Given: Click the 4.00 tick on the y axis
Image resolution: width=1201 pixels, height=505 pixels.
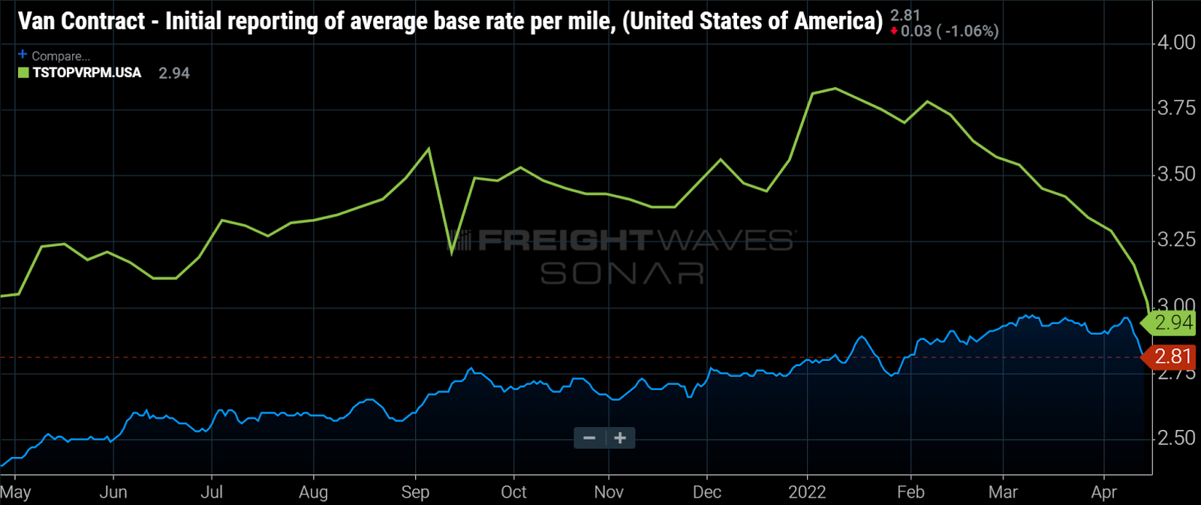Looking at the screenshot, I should pos(1175,43).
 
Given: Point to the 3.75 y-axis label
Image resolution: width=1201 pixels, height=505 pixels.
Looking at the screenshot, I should pos(1175,109).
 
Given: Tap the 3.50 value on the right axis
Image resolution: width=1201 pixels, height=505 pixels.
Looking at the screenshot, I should pos(1175,174).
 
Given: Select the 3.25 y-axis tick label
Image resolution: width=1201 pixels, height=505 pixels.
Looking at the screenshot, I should pos(1175,240).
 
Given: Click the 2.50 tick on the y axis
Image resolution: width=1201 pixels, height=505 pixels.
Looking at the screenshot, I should pos(1175,438).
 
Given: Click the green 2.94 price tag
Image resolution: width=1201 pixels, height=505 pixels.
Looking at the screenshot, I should pos(1172,323).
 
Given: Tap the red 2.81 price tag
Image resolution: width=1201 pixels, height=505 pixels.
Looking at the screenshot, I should pos(1172,356).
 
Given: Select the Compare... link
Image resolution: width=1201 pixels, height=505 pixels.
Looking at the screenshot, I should pos(60,56).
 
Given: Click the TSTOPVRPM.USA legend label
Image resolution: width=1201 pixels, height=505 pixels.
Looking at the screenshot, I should pos(86,73).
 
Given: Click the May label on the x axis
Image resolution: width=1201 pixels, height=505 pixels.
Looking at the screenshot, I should pos(16,492).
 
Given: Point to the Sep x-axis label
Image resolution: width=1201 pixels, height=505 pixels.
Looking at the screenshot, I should pos(415,492).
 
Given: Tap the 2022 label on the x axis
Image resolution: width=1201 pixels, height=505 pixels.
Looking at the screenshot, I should pos(807,492).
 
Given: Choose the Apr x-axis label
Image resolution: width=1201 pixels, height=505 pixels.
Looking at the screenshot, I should pos(1103,492).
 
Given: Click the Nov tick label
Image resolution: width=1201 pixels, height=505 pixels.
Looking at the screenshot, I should pos(609,492).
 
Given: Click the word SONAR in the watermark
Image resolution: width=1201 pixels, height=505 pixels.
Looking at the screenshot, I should pos(622,273).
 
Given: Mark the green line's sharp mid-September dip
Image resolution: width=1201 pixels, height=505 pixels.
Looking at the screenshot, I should pos(452,254).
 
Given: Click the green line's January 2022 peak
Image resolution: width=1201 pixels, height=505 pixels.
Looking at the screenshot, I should pos(835,89).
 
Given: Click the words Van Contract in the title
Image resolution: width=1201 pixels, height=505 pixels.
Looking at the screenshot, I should pos(81,21).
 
